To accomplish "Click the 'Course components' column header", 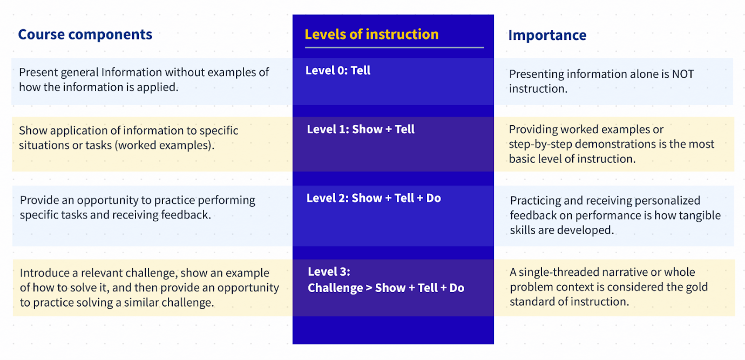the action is [x=85, y=35].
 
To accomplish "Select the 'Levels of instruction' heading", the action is [x=371, y=34].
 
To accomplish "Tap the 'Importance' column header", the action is [x=547, y=35].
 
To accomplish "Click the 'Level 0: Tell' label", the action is [x=338, y=71].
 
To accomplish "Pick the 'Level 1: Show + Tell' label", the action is [x=361, y=130].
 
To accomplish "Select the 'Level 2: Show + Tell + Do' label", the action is [x=374, y=198].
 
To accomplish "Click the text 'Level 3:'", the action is [x=329, y=272].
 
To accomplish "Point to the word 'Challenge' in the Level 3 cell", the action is [x=335, y=288].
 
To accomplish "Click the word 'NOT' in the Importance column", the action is [x=683, y=74].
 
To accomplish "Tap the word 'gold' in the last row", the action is [x=695, y=287].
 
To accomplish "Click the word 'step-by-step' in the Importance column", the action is [x=540, y=145].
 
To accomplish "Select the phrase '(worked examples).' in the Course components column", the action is [x=165, y=146].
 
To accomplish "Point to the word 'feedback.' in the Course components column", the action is [x=186, y=215].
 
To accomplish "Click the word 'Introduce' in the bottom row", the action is [x=45, y=273].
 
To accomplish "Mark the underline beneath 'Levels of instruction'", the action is [x=395, y=47].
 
